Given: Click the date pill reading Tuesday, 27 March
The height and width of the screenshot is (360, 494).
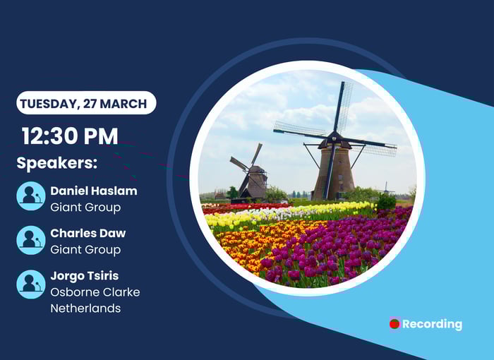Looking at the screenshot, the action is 86,103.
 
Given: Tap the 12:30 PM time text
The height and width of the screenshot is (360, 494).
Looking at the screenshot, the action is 70,136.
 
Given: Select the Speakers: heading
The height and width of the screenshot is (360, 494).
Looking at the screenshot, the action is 57,163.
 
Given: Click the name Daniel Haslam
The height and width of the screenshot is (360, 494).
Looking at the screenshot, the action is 94,191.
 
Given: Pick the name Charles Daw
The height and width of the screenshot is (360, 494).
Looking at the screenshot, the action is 88,233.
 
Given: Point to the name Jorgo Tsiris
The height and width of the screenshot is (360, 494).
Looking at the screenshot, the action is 85,276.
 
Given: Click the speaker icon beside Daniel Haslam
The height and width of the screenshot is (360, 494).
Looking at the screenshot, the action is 31,196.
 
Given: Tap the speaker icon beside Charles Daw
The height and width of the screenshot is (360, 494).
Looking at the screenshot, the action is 31,240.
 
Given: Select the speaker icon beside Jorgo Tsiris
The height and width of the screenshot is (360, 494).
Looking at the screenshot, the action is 31,284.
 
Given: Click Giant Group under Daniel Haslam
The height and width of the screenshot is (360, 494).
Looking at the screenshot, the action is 85,208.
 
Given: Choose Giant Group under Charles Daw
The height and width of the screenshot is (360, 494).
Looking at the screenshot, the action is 85,250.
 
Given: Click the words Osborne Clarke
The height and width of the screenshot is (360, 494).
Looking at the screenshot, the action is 95,292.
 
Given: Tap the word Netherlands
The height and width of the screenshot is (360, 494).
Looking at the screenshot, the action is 85,308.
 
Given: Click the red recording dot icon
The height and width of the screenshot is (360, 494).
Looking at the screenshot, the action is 394,323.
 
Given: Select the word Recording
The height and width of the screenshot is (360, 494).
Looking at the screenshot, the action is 432,324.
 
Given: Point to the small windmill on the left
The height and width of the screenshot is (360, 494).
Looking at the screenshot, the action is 250,174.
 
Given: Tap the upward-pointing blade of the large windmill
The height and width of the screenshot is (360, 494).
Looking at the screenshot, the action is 342,107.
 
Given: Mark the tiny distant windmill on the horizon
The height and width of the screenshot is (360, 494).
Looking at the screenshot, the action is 386,188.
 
